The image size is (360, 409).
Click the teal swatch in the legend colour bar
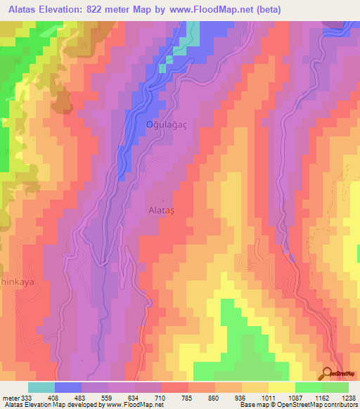(x=41, y=387)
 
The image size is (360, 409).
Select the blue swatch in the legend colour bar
(x=68, y=387)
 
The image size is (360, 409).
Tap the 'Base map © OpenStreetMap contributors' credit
(x=298, y=405)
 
